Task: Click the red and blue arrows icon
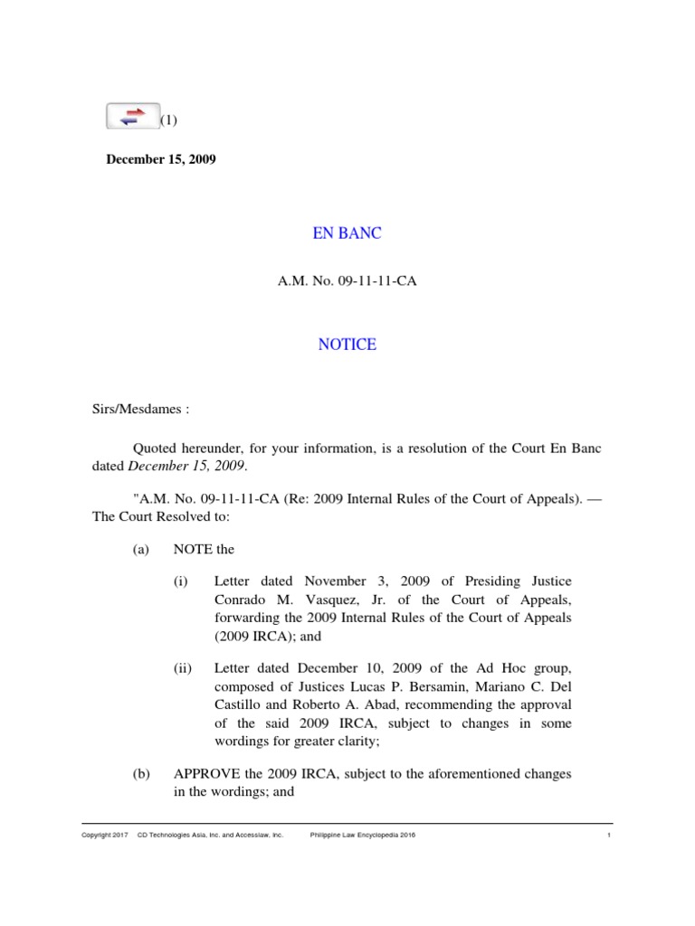pyautogui.click(x=133, y=116)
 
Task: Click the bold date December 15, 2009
pyautogui.click(x=161, y=159)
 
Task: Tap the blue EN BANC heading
pyautogui.click(x=347, y=233)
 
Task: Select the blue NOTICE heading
pyautogui.click(x=347, y=345)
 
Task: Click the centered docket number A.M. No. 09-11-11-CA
pyautogui.click(x=347, y=282)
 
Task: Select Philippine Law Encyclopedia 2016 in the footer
pyautogui.click(x=363, y=836)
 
